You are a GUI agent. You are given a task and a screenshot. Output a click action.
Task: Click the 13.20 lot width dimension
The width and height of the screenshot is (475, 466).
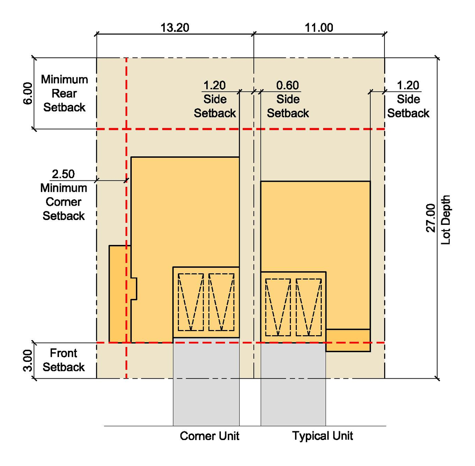(175, 27)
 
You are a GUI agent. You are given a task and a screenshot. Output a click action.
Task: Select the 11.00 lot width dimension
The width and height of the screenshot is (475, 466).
(319, 27)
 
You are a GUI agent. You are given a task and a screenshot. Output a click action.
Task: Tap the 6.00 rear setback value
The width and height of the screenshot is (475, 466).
(28, 93)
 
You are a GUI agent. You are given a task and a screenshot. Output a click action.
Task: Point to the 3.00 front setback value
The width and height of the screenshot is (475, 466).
(28, 360)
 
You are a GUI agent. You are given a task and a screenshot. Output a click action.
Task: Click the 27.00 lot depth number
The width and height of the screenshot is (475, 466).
(430, 218)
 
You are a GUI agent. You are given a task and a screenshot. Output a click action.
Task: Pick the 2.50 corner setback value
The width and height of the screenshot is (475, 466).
(63, 174)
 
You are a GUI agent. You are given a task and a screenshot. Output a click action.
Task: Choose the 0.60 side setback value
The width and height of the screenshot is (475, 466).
(288, 86)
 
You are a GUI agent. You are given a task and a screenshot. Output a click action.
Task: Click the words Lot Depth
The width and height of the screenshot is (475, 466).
(445, 220)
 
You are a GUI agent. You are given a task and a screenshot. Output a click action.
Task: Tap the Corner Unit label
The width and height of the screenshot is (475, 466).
(210, 436)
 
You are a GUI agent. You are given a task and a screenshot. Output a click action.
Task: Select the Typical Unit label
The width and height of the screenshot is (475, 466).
(322, 436)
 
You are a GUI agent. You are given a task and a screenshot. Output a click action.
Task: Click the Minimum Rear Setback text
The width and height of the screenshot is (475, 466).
(64, 93)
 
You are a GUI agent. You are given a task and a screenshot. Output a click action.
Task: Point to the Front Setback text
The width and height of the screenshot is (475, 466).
(63, 360)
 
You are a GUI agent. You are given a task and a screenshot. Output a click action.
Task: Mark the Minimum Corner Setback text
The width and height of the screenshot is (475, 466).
(63, 202)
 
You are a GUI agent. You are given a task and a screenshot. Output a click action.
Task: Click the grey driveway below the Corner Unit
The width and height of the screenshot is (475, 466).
(206, 382)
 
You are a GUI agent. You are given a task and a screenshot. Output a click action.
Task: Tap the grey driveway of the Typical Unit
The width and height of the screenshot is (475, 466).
(293, 384)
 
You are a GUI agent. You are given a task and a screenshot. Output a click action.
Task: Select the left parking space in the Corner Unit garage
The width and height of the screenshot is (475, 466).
(191, 302)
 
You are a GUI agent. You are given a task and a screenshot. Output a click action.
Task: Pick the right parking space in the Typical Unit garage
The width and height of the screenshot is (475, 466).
(309, 307)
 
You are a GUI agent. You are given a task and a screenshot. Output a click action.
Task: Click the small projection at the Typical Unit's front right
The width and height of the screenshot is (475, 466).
(348, 340)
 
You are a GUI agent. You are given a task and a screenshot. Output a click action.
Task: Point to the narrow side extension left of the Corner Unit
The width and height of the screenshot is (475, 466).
(120, 294)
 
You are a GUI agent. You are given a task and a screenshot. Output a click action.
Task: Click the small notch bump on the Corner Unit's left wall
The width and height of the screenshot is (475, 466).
(134, 289)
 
